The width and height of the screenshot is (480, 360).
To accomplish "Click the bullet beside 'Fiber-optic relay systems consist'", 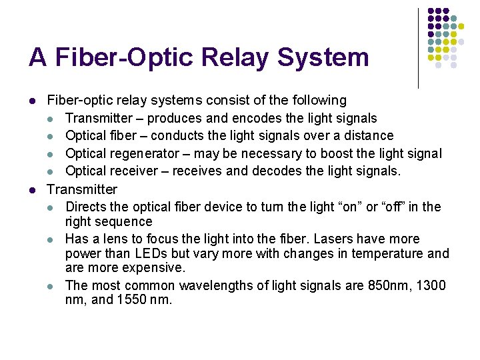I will [x=32, y=101].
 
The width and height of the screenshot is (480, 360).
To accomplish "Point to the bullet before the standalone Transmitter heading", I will [x=32, y=190].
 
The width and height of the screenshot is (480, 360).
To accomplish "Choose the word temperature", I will [x=386, y=254].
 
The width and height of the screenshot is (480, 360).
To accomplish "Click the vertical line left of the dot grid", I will [x=418, y=48].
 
